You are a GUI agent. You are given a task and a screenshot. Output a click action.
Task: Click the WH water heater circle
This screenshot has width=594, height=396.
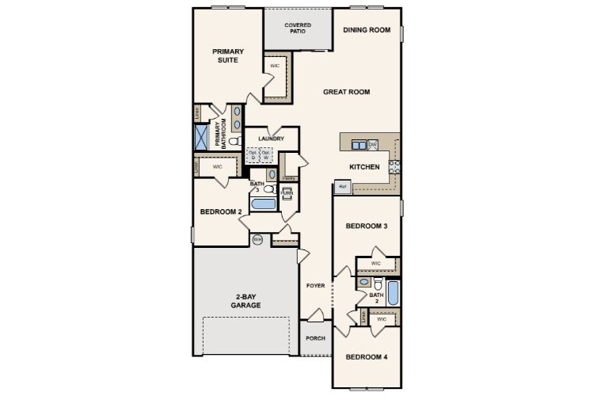click(x=257, y=239)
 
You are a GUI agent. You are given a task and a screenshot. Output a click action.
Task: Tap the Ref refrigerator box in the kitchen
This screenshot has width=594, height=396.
click(x=342, y=187)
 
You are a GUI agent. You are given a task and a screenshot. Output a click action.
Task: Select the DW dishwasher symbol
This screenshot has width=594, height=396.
click(x=373, y=144)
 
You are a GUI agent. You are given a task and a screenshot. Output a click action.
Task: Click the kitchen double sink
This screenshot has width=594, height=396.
click(x=359, y=145)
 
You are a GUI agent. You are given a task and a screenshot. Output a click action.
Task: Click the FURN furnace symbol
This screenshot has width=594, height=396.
click(x=287, y=192)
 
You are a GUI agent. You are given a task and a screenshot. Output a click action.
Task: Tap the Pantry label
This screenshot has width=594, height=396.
click(x=289, y=178)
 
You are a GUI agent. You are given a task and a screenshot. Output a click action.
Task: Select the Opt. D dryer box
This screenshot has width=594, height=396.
click(x=253, y=155)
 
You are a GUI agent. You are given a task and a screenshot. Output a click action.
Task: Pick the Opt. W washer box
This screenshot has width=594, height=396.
click(x=265, y=155)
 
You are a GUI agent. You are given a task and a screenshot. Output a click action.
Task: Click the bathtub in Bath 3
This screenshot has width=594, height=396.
click(x=262, y=205)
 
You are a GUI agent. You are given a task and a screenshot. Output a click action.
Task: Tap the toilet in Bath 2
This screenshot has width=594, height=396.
click(x=378, y=284)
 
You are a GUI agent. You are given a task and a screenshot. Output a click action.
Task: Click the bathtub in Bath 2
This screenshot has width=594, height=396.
click(x=394, y=292)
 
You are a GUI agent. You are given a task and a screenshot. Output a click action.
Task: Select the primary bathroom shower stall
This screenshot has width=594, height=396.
click(x=201, y=137)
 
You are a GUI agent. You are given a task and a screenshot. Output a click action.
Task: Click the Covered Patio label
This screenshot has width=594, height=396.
click(x=298, y=28)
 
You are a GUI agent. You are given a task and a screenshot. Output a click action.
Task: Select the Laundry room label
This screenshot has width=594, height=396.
click(x=271, y=139)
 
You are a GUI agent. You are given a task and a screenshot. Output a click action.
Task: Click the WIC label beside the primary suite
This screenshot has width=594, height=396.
click(x=275, y=66)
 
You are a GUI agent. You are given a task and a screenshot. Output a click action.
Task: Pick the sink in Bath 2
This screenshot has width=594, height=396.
click(x=364, y=281)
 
